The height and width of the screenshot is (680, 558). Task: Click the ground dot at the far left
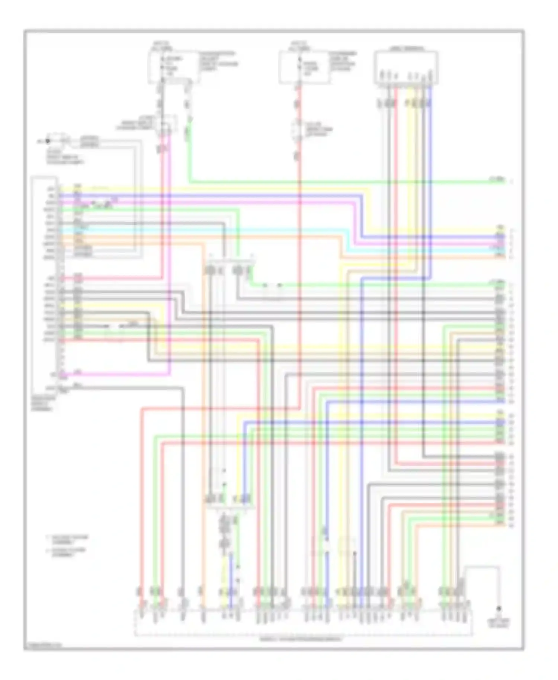(x=47, y=141)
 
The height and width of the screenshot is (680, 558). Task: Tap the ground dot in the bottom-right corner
(x=499, y=609)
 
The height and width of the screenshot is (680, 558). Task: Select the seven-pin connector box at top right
(x=405, y=67)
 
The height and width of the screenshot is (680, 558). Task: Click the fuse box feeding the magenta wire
(x=173, y=67)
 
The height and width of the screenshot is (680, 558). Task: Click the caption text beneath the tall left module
(x=44, y=403)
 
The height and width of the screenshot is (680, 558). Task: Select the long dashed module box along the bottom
(x=303, y=622)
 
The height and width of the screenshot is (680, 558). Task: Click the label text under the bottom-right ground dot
(x=499, y=623)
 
